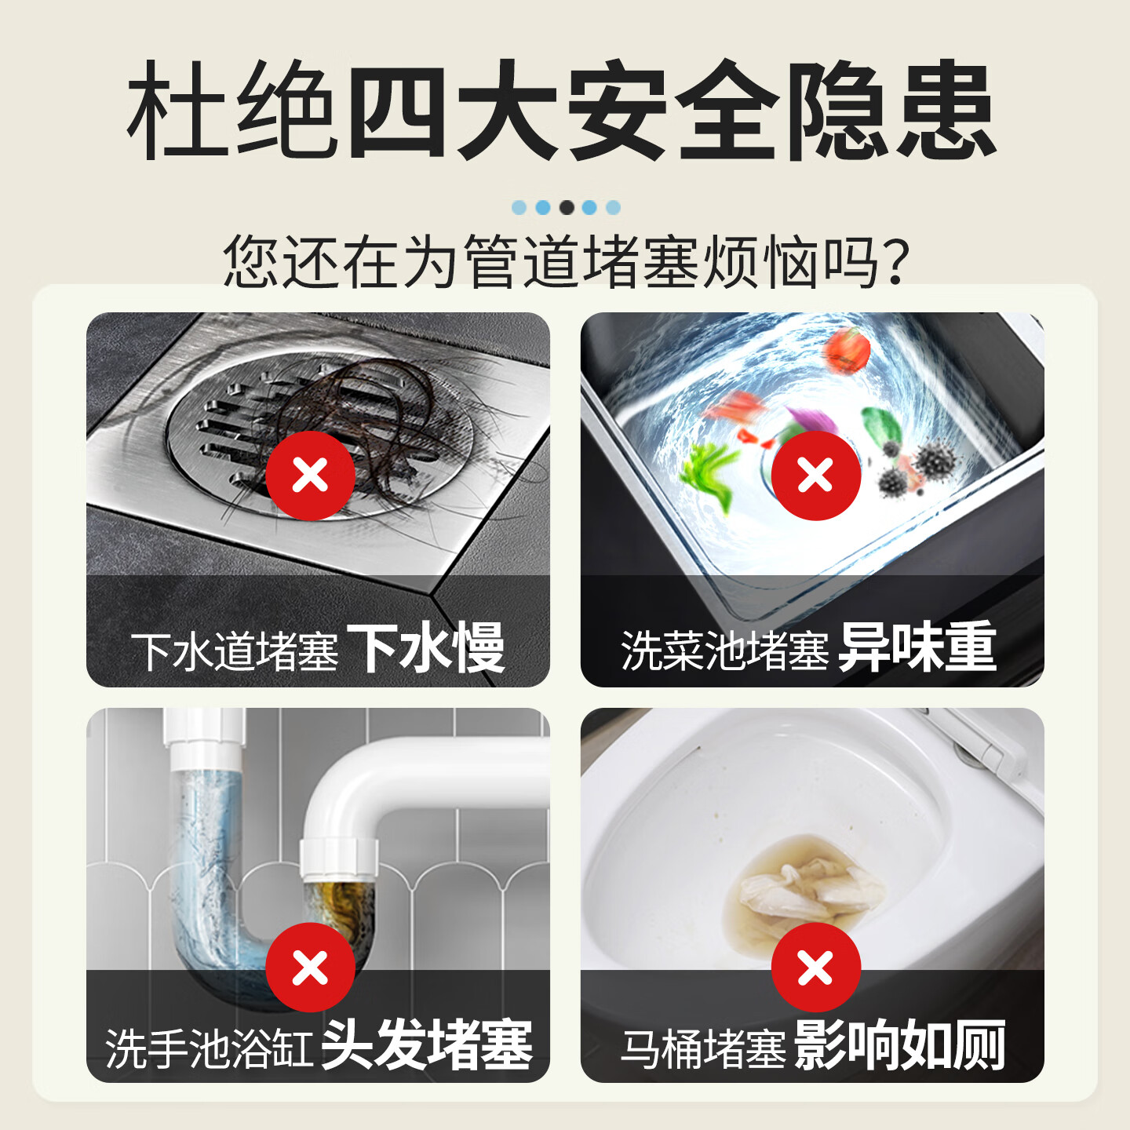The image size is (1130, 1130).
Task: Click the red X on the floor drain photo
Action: [310, 476]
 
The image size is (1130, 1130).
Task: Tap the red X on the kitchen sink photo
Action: [815, 476]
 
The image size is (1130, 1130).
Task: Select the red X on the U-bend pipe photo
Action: [310, 968]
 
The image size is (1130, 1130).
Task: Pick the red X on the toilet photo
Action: [815, 968]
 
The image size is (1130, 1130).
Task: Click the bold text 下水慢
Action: [425, 648]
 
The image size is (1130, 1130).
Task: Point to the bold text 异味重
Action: [917, 648]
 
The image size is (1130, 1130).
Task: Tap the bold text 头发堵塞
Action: [427, 1045]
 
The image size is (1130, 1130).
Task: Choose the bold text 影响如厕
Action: [899, 1045]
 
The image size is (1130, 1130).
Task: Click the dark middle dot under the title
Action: [566, 207]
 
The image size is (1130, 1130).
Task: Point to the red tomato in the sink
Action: [847, 351]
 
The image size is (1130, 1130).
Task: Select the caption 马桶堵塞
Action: [703, 1048]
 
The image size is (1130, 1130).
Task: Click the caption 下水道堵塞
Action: [235, 651]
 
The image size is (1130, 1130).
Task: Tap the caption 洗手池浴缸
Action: [210, 1048]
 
